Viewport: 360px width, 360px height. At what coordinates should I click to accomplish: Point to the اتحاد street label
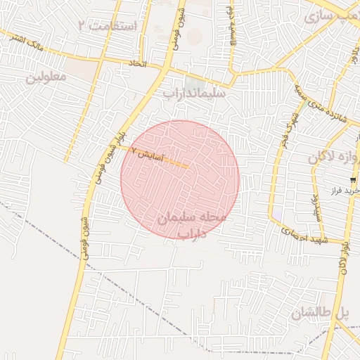tap(136, 63)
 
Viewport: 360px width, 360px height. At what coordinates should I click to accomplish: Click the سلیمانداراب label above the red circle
tap(194, 92)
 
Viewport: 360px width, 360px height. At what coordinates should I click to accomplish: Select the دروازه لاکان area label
tap(334, 157)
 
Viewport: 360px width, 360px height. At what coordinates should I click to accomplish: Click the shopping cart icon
tap(353, 181)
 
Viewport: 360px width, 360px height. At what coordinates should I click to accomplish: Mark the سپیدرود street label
tap(314, 204)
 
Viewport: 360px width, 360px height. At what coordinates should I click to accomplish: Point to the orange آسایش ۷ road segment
tap(176, 164)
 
